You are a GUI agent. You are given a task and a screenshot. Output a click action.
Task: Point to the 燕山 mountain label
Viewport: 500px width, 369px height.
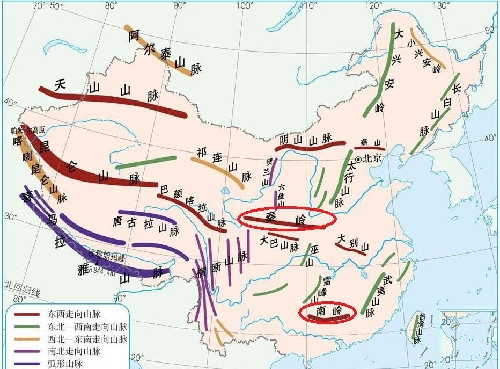pos(370,141)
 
